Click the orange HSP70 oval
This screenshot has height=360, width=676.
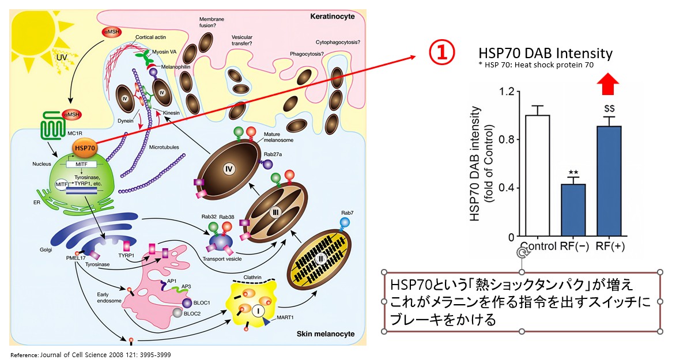point(84,148)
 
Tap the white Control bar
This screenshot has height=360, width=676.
point(537,176)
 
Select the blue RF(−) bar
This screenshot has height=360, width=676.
point(573,210)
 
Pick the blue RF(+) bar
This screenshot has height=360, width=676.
point(609,181)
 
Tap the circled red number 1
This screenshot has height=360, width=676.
point(441,52)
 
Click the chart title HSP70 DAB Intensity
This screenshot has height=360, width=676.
point(545,53)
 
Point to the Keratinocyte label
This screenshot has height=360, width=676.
point(332,16)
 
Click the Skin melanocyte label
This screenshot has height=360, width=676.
point(326,334)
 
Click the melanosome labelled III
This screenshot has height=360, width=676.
point(277,212)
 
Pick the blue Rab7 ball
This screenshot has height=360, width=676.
point(345,223)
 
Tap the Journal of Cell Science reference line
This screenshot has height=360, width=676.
point(90,355)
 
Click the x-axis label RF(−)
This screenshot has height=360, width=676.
point(574,246)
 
